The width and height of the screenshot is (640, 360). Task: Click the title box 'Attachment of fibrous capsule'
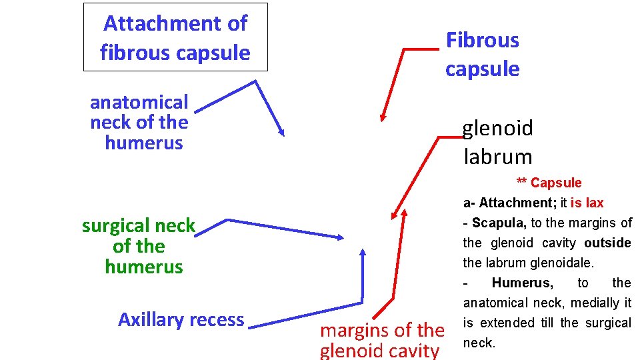pyautogui.click(x=175, y=37)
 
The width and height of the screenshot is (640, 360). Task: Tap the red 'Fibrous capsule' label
pyautogui.click(x=482, y=54)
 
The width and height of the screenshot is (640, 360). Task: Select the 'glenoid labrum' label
pyautogui.click(x=497, y=142)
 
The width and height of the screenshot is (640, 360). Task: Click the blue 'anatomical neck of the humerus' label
pyautogui.click(x=139, y=122)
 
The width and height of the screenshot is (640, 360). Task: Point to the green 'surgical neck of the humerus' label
pyautogui.click(x=139, y=246)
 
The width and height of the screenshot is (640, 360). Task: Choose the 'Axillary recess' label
pyautogui.click(x=181, y=319)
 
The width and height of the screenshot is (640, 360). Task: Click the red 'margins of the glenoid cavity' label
pyautogui.click(x=382, y=340)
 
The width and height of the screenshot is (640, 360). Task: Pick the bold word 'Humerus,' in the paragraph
pyautogui.click(x=522, y=283)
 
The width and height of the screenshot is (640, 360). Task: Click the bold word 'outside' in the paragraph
pyautogui.click(x=607, y=243)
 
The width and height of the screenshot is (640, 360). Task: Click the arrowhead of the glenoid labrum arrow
pyautogui.click(x=395, y=214)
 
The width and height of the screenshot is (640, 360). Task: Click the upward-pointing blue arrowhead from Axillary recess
pyautogui.click(x=363, y=253)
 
